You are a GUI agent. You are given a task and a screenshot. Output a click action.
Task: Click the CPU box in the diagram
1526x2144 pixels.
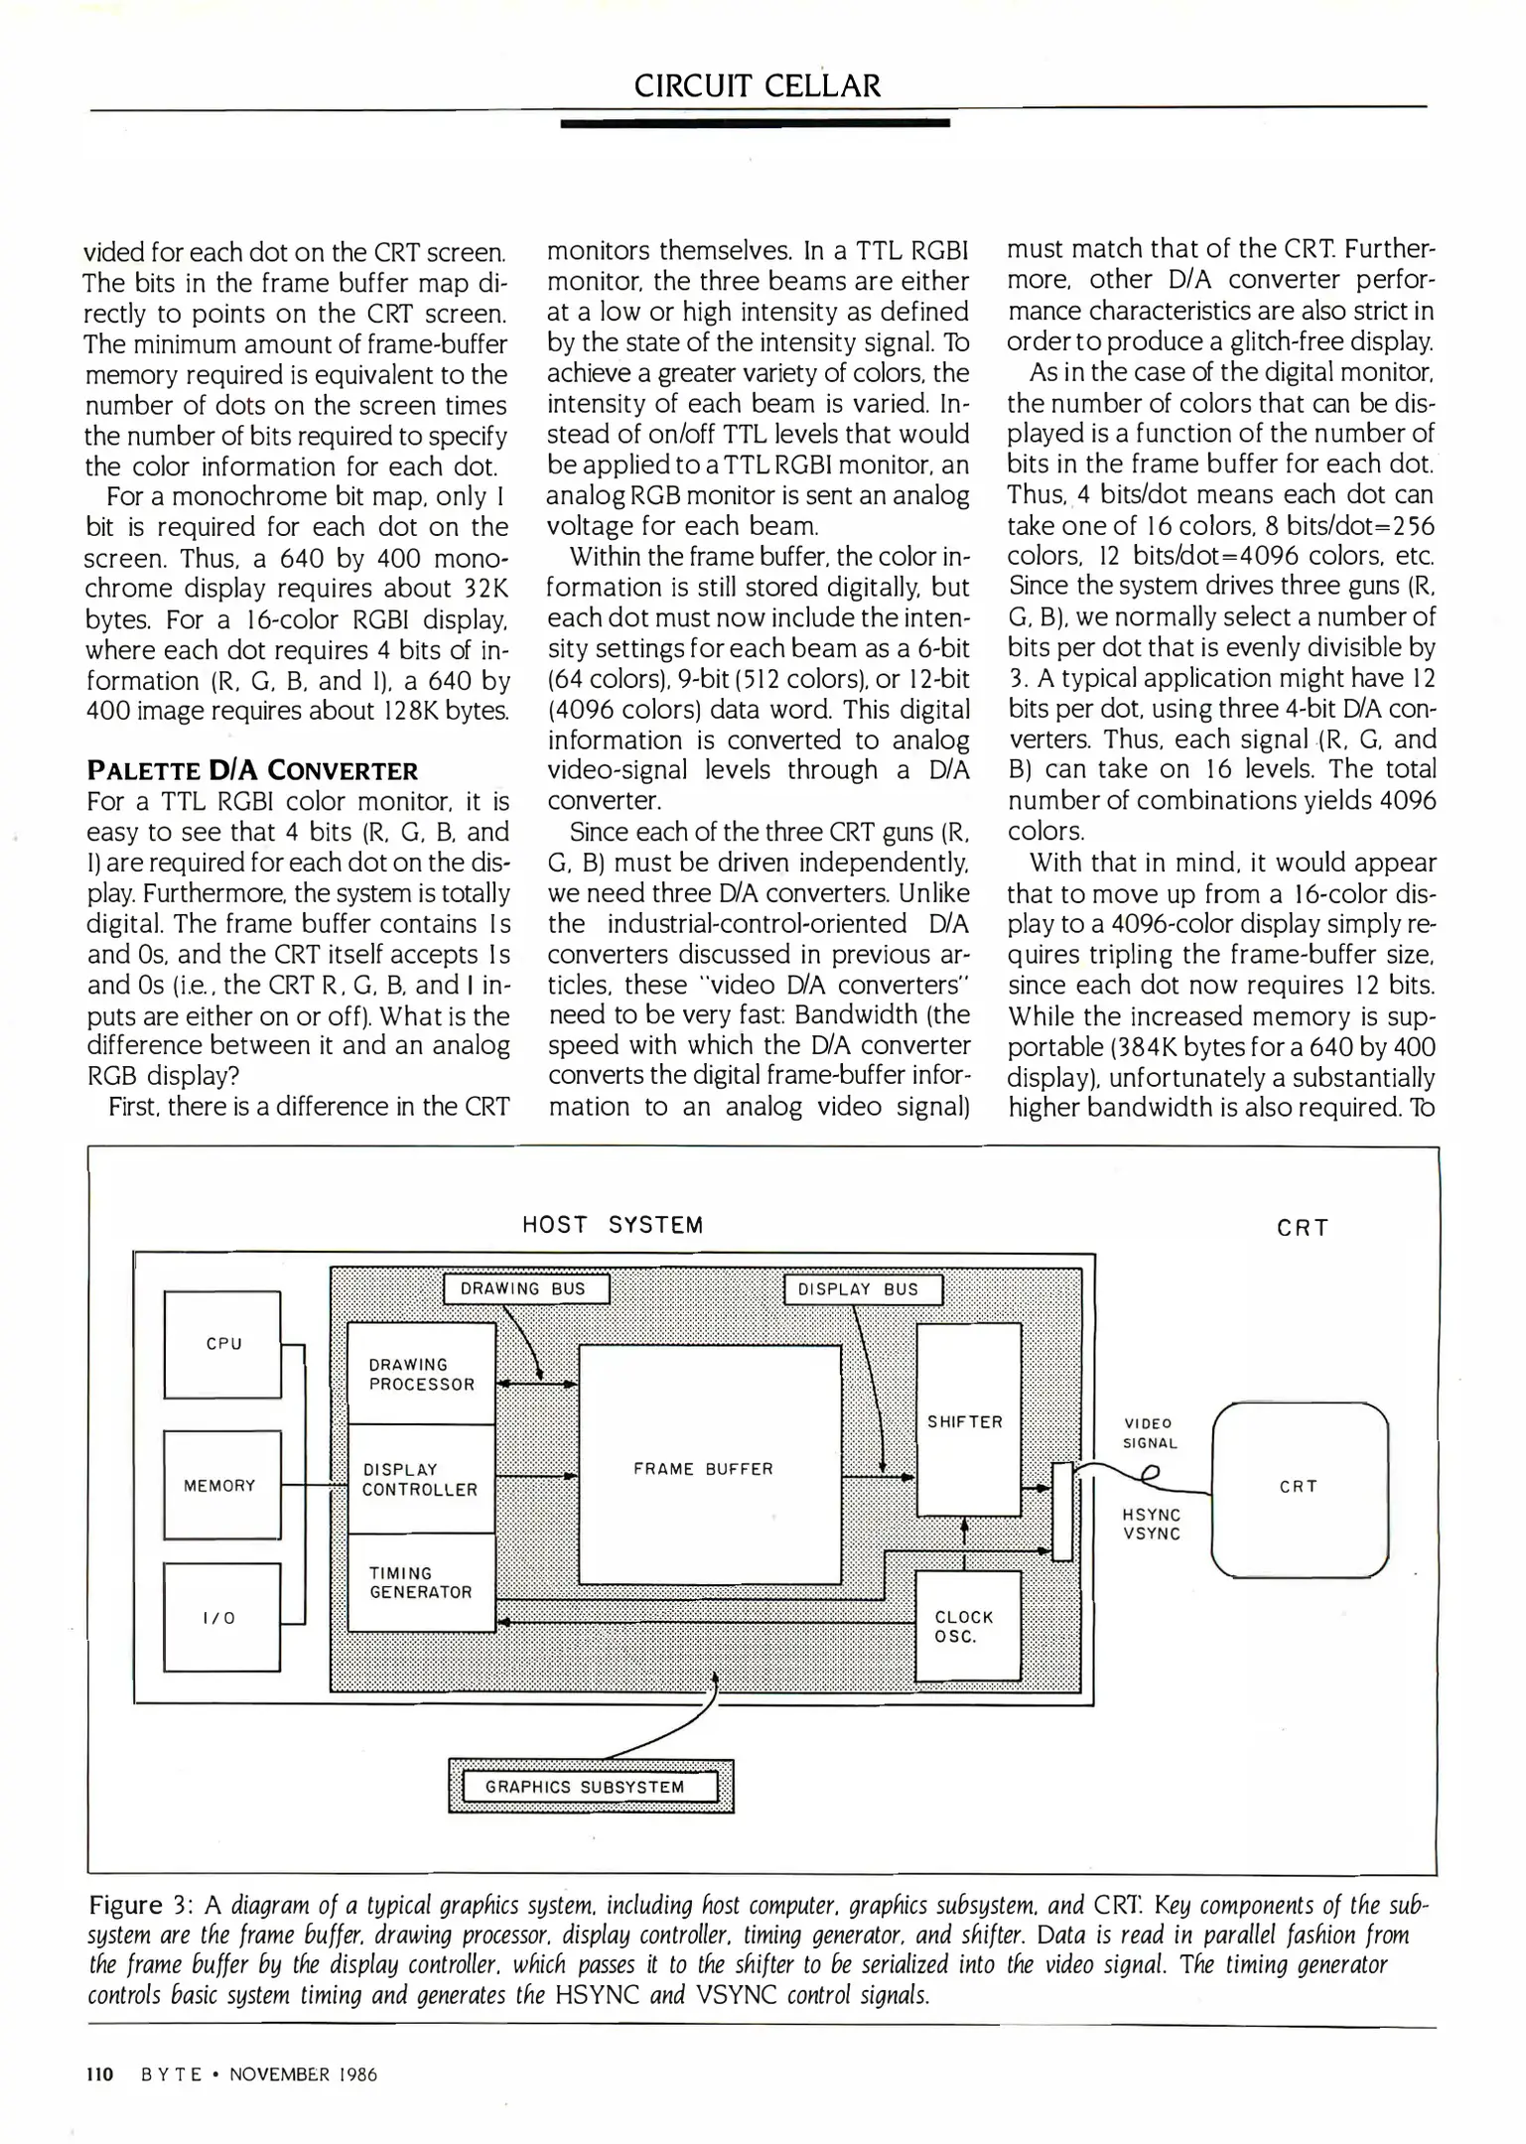pos(222,1344)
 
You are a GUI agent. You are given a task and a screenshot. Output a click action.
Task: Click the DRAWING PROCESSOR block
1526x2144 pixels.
pos(422,1374)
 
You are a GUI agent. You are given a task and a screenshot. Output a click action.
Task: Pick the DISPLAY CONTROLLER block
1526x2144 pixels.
pos(421,1479)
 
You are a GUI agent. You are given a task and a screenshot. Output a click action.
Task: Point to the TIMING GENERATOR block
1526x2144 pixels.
pos(421,1582)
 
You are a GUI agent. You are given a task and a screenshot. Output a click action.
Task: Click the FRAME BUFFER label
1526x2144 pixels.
pos(703,1469)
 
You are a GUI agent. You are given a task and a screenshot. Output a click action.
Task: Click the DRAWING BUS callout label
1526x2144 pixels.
pos(525,1289)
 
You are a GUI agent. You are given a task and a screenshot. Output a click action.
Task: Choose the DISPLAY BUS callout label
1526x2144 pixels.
pos(863,1290)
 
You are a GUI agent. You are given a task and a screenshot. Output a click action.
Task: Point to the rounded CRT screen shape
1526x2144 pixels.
pos(1300,1487)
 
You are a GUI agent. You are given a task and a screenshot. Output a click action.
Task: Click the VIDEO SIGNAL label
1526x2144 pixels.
pos(1150,1433)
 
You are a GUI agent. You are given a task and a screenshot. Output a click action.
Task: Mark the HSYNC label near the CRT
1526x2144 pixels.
pos(1152,1516)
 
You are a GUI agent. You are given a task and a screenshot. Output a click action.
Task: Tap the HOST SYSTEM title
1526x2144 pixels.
pos(613,1225)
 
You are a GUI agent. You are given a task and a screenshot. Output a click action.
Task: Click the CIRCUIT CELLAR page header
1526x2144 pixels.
pos(758,85)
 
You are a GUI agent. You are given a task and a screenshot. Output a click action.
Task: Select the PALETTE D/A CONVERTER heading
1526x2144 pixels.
pos(253,771)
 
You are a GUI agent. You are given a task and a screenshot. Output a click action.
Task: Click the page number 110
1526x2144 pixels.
pos(100,2074)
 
